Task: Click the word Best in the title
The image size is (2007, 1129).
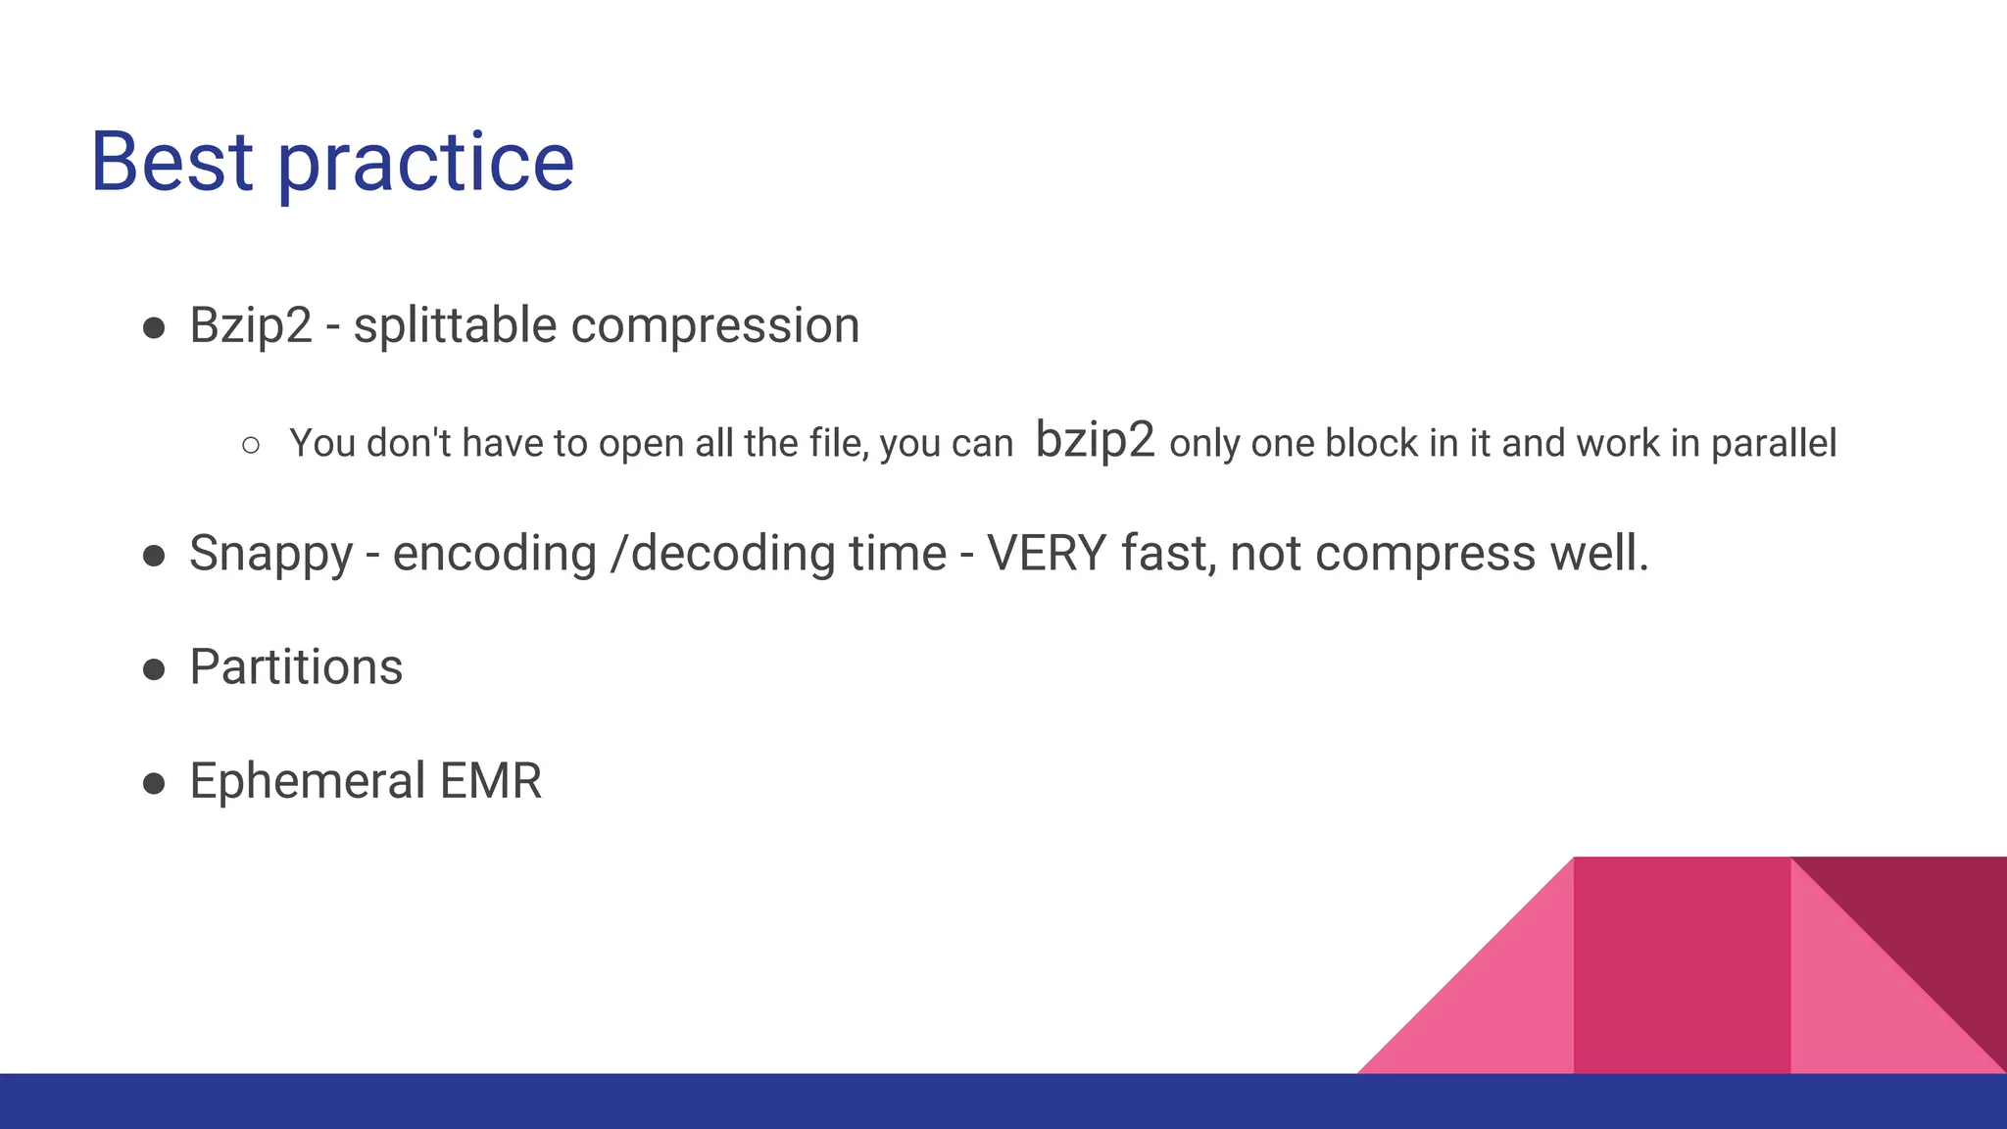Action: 171,162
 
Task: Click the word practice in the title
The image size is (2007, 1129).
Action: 425,164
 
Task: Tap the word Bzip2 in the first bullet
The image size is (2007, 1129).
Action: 250,325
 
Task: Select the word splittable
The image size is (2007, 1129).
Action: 455,325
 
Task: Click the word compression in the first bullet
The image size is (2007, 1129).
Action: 714,325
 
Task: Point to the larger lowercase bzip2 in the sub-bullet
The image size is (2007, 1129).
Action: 1095,440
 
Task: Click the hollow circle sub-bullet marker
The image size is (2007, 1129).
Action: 251,445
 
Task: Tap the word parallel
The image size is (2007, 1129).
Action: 1773,443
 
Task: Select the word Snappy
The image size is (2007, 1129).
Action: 270,554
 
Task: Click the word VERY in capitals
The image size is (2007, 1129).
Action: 1046,553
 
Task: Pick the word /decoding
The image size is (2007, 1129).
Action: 721,554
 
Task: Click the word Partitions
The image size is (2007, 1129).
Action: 296,667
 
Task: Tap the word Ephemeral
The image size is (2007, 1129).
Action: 307,781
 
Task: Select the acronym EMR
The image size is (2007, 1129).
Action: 490,781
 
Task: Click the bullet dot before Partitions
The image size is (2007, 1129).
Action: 154,669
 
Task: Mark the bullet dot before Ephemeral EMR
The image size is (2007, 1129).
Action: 154,783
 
